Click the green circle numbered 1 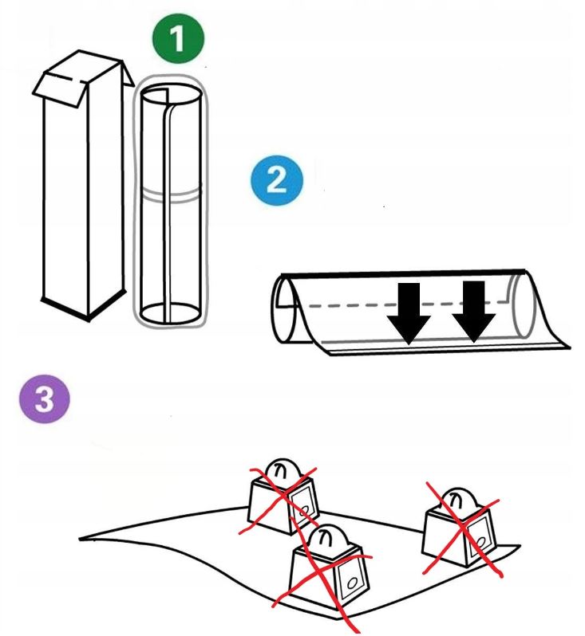pyautogui.click(x=178, y=41)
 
